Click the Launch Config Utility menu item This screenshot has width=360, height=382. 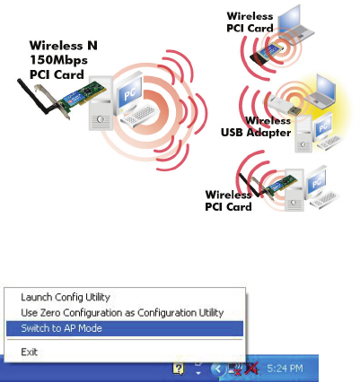coord(66,297)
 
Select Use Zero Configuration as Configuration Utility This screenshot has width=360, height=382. coord(122,313)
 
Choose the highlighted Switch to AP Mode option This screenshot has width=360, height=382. coord(125,328)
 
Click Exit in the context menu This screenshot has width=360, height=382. coord(29,352)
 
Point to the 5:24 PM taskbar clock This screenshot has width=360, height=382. coord(285,369)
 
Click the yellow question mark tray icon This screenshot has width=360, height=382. coord(179,369)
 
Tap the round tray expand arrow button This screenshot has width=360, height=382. coord(217,369)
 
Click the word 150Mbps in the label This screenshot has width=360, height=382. coord(58,60)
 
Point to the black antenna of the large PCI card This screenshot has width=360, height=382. coord(34,96)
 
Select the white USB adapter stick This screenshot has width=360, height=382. coord(282,106)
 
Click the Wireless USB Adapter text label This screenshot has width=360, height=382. coord(256,126)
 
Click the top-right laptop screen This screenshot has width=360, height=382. coord(289,22)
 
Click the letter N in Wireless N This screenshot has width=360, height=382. coord(92,46)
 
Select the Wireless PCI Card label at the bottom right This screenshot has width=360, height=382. coord(228,201)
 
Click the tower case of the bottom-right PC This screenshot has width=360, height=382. coord(294,190)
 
